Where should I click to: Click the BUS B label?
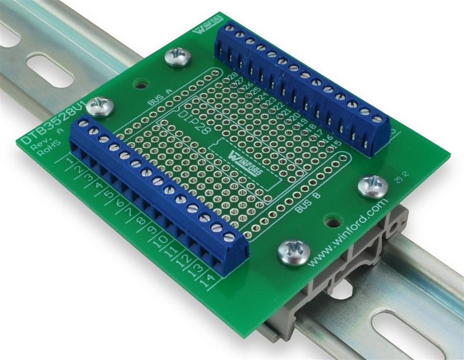click(308, 203)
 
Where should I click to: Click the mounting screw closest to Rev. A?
click(100, 107)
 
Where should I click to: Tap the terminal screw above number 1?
click(83, 124)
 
